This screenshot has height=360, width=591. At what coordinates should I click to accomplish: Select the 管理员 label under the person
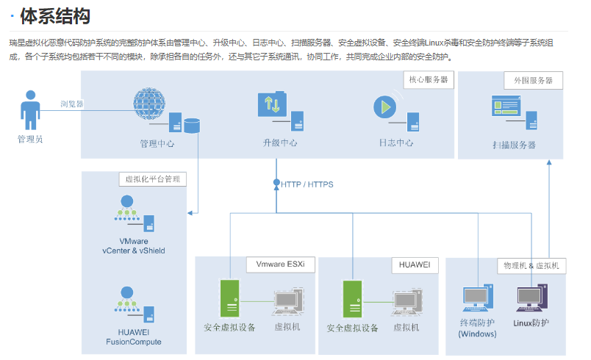[30, 138]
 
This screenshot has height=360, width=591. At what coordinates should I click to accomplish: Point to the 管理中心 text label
[157, 144]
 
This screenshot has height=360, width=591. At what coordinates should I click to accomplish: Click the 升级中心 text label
[279, 143]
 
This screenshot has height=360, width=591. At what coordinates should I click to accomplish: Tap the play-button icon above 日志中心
[384, 107]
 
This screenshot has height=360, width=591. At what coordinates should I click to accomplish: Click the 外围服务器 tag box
[533, 80]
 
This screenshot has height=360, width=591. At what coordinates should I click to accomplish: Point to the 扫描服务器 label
[514, 145]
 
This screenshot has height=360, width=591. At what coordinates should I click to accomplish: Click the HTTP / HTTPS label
[307, 184]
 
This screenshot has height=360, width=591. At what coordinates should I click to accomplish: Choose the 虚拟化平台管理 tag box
[152, 179]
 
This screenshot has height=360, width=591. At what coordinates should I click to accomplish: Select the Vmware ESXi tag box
[280, 264]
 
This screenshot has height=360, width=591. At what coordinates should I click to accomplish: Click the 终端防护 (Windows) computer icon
[476, 299]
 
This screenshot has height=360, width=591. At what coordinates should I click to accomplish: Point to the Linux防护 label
[531, 323]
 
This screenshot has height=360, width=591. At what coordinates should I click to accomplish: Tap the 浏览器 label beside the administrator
[71, 104]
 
